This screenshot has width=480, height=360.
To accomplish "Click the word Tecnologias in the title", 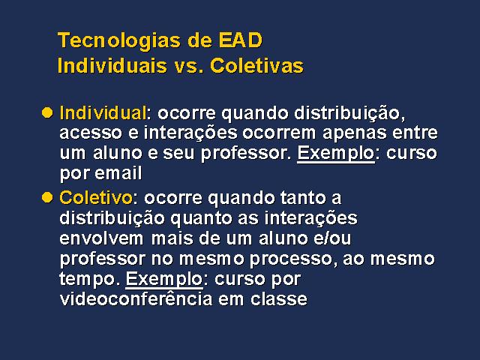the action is pos(118,41).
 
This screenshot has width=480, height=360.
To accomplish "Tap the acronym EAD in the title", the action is pos(240,40).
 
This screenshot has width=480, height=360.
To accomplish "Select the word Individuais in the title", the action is pos(112,65).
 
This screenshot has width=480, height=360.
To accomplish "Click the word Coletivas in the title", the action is pos(256,65).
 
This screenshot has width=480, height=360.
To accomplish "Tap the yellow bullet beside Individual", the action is pos(47,112).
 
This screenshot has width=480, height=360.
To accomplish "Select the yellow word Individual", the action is pos(103,112).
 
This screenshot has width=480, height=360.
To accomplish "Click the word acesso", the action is pos(91,133).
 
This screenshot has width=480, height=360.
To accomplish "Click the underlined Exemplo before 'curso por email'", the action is pos(336,154).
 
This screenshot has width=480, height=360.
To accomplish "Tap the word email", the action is pos(118,172).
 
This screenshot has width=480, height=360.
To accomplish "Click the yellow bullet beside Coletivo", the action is pos(47,197).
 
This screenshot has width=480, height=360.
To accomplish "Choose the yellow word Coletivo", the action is pos(96,197).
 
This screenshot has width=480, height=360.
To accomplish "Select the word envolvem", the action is pos(101,238).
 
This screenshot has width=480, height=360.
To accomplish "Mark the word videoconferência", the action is pos(136,298).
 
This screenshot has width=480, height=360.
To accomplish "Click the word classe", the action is pos(279,298).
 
